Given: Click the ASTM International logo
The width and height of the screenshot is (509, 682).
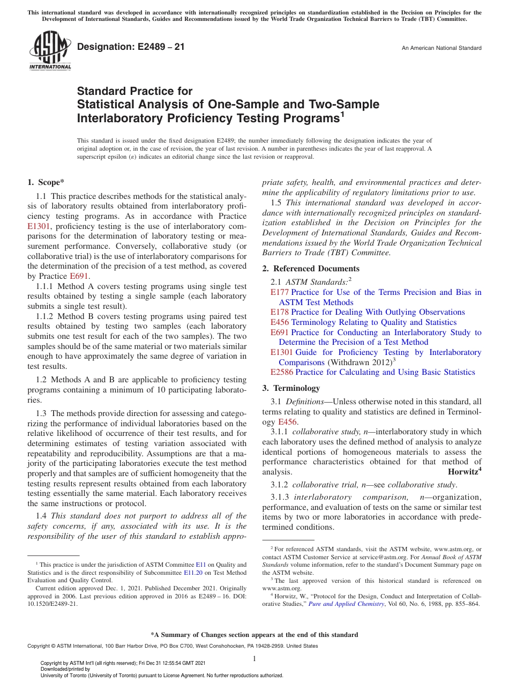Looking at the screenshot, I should (49, 50).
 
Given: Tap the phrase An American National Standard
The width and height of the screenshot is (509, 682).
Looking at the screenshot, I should (441, 48).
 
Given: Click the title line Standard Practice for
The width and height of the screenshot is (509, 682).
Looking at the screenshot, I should (134, 91).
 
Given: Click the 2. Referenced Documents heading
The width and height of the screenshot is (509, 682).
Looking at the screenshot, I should (311, 269).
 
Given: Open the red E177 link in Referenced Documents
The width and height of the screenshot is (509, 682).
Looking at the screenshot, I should (279, 292).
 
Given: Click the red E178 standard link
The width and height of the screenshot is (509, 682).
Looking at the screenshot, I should (279, 312).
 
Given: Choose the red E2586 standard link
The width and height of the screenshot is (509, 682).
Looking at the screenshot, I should (282, 372).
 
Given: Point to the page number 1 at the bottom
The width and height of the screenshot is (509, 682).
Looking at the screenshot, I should (254, 658).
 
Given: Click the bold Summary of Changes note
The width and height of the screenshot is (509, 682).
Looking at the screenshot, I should (254, 635).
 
